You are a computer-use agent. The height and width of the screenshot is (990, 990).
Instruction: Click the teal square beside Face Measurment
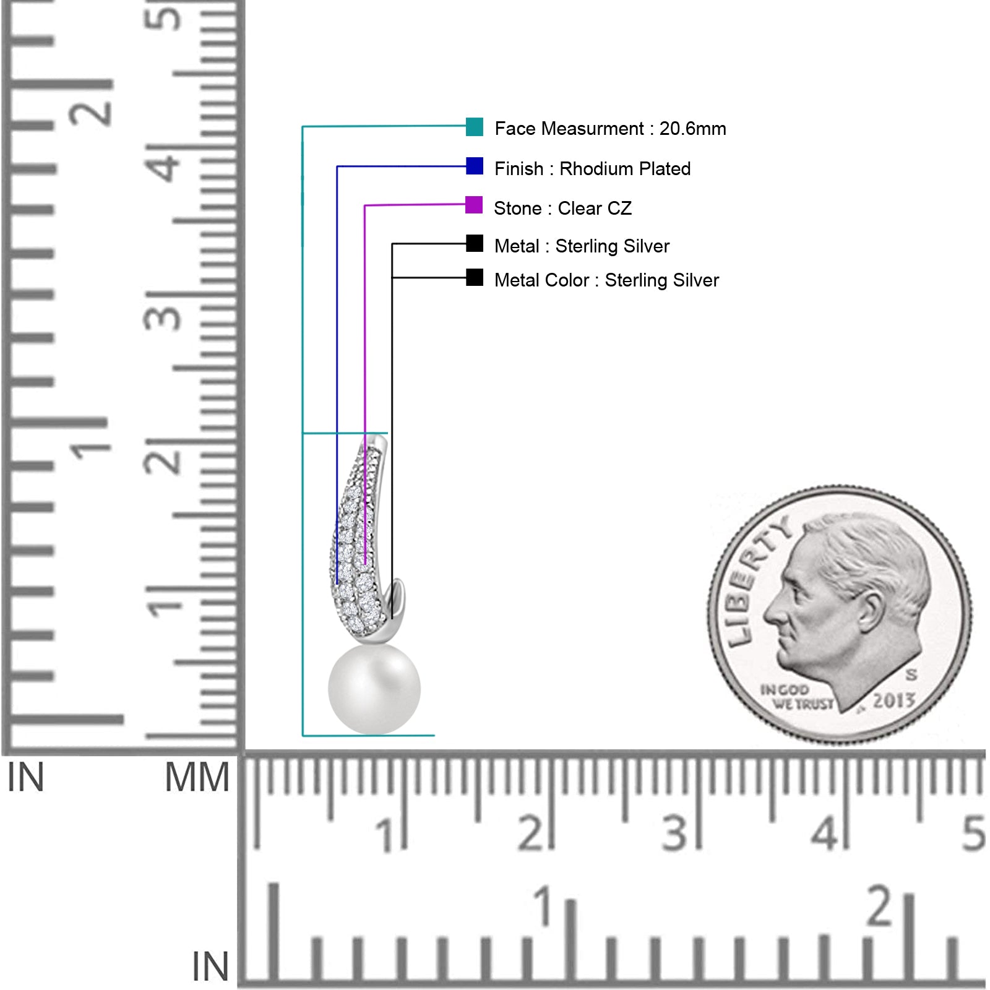pos(475,127)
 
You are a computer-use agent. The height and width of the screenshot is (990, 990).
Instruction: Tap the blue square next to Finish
pos(475,166)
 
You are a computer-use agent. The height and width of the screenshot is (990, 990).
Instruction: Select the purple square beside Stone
pos(474,205)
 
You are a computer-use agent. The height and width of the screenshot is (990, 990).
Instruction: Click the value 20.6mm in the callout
pos(692,129)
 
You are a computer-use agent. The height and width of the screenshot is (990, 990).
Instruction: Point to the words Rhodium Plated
pos(625,169)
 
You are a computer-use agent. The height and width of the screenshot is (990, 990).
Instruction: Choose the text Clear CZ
pos(595,209)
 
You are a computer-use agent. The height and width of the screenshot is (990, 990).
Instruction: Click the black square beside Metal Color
pos(475,277)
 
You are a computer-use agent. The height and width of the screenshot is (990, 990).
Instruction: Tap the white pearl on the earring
pos(374,689)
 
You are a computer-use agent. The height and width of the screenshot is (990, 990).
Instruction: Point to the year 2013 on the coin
pos(893,700)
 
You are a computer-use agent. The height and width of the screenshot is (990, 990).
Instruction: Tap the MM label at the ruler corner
pos(197,778)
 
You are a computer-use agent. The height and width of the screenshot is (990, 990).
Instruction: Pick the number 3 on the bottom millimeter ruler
pos(674,833)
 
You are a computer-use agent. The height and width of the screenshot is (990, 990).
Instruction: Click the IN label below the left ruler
pos(25,778)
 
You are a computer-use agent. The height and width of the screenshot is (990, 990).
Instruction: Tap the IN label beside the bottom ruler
pos(210,966)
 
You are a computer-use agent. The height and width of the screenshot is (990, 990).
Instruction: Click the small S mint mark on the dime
pos(911,674)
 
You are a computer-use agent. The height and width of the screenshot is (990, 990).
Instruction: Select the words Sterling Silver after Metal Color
pos(662,280)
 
